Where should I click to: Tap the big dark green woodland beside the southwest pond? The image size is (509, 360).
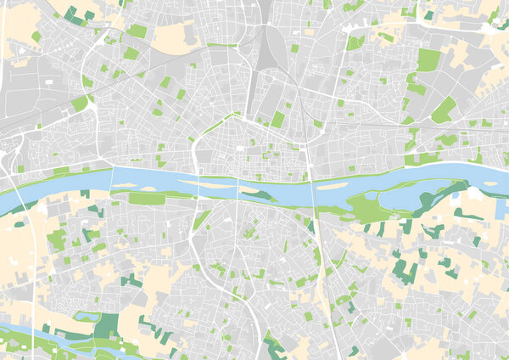tap(107, 326)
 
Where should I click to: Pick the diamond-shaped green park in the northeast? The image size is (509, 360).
tap(443, 110)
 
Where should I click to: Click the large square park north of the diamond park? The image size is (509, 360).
tap(428, 59)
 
